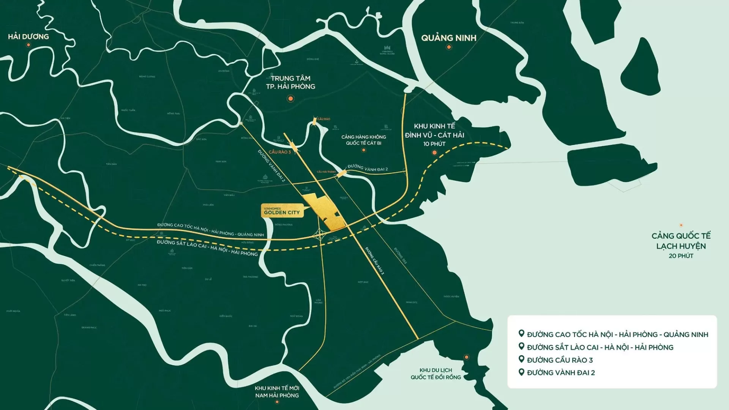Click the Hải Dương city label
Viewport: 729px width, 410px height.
coord(28,36)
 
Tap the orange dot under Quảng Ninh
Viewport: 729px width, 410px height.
coord(449,47)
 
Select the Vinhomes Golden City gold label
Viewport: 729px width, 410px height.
coord(282,211)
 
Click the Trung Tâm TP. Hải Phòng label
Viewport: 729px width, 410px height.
coord(290,82)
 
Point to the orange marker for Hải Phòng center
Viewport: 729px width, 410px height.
coord(290,99)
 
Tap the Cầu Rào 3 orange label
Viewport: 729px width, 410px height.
coord(280,152)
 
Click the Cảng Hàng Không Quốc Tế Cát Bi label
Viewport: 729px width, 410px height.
coord(363,140)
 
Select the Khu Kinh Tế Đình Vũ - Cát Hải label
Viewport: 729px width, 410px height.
coord(434,131)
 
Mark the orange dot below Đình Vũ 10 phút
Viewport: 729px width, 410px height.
coord(435,153)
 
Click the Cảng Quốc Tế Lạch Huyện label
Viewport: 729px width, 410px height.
coord(681,241)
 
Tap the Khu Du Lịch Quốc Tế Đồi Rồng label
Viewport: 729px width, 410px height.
coord(436,374)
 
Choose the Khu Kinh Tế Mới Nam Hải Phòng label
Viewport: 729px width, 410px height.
coord(277,391)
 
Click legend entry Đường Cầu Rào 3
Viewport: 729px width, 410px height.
coord(560,360)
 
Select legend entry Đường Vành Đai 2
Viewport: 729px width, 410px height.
coord(561,373)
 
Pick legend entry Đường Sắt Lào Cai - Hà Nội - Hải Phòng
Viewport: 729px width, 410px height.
coord(600,347)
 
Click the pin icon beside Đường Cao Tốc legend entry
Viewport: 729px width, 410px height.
coord(521,334)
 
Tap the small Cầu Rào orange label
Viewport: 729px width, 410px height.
coord(323,119)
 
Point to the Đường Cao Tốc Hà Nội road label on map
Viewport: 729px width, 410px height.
coord(210,230)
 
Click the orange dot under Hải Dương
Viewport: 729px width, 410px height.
coord(28,45)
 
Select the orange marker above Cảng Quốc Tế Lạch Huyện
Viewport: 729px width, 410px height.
coord(681,225)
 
